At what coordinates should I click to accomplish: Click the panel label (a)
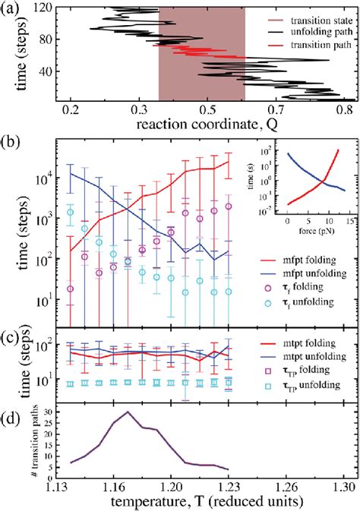coord(11,8)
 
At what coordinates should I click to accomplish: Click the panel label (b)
coord(11,140)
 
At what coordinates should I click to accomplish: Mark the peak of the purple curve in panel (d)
coord(128,412)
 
